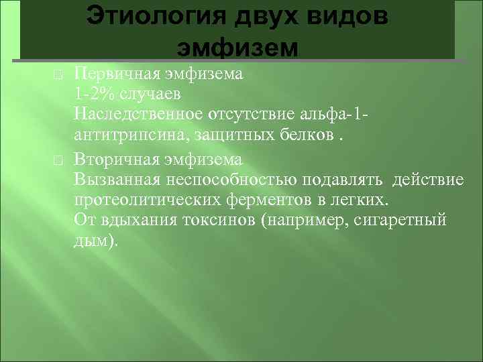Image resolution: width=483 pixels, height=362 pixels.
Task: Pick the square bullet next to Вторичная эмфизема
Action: [x=58, y=162]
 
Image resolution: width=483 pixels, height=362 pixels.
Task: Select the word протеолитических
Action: [x=134, y=200]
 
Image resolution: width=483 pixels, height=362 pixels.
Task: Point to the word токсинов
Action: [x=221, y=221]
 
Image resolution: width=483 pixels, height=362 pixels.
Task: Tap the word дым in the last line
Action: [x=89, y=241]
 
